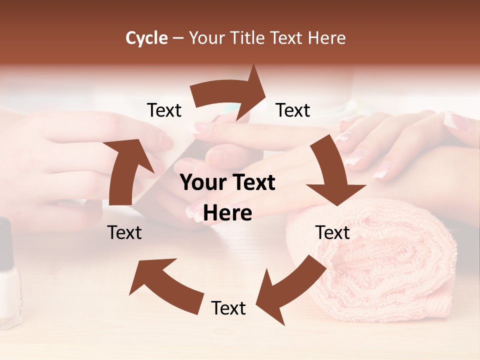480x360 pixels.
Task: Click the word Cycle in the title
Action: (x=146, y=38)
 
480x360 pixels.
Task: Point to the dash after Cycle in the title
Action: (x=178, y=38)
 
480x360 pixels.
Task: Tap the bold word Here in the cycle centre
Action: (x=227, y=213)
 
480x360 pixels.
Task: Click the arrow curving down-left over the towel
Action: (x=290, y=290)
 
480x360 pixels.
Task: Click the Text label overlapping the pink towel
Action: (x=333, y=232)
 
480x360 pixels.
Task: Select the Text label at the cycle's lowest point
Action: (x=228, y=308)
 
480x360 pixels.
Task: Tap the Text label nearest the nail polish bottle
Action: (x=124, y=232)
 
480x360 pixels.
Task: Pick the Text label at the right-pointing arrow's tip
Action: (x=293, y=110)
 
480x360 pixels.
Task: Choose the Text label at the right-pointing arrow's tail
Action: (x=164, y=110)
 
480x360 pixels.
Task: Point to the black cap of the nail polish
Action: (x=5, y=240)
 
